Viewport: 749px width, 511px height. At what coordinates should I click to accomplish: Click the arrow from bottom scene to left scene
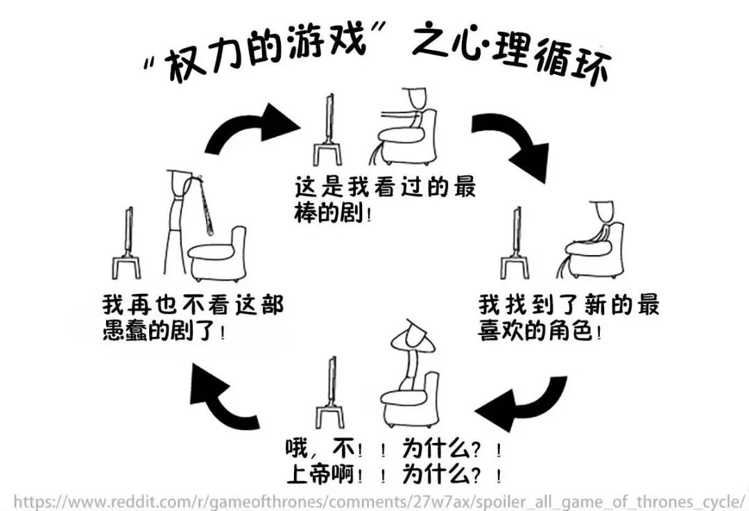click(x=217, y=399)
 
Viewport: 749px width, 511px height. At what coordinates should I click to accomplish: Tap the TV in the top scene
click(x=328, y=130)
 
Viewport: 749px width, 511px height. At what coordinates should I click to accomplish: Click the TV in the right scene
click(x=515, y=243)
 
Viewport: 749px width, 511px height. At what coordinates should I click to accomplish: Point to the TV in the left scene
click(x=127, y=243)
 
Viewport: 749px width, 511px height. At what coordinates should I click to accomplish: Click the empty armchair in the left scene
click(x=217, y=254)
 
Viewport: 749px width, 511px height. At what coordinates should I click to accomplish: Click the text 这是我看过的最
click(x=384, y=187)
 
